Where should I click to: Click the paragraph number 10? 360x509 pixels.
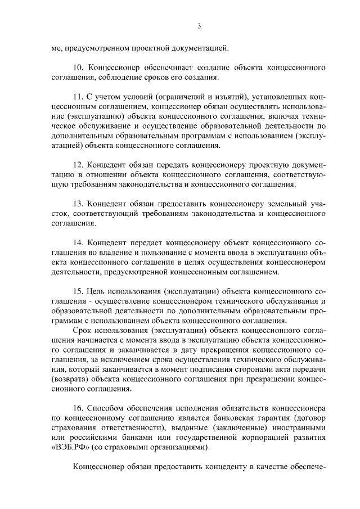coord(79,67)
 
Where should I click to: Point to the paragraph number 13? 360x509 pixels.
coord(79,203)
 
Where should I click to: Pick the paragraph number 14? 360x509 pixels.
coord(79,242)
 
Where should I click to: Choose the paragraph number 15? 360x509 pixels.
coord(79,291)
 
